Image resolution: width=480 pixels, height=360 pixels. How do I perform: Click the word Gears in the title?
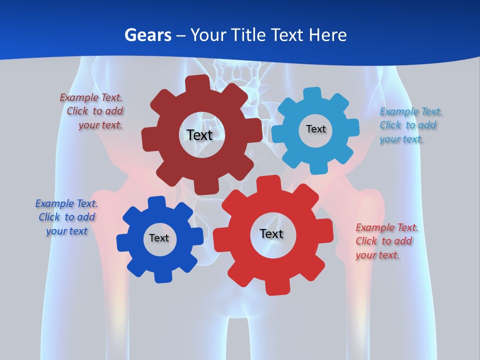coord(147,35)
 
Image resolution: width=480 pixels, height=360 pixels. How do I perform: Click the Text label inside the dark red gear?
coord(199,135)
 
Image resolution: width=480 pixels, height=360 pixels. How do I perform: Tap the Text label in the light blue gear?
coord(315,129)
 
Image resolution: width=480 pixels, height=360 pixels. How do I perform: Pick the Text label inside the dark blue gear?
coord(159,238)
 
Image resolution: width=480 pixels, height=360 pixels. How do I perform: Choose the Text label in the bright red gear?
coord(271,233)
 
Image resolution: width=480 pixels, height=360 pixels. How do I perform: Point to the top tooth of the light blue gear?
coord(312,93)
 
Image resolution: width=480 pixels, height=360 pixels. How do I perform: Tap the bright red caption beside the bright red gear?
coord(386,241)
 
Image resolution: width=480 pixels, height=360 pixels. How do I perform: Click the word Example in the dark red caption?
coord(79,98)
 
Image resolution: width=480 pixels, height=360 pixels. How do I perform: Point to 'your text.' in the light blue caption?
coord(401,139)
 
